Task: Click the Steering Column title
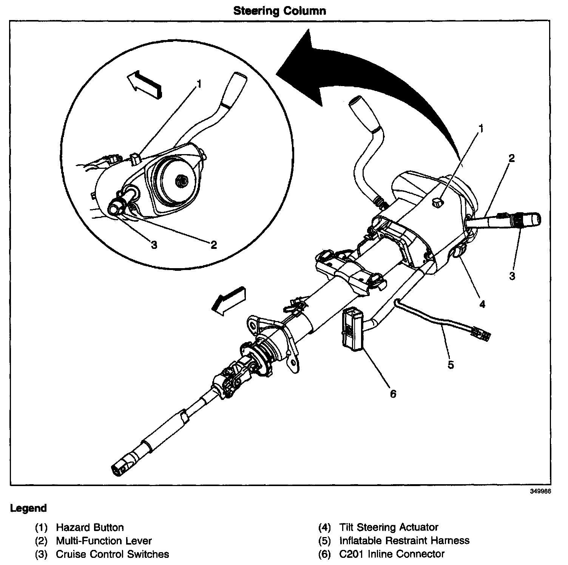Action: [x=279, y=11]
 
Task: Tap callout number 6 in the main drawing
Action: [x=393, y=394]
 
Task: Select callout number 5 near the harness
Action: [x=451, y=365]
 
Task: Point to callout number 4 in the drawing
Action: [x=482, y=304]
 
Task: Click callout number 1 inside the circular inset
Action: [x=199, y=83]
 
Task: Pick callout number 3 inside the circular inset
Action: [x=154, y=245]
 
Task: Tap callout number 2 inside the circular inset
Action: [x=214, y=245]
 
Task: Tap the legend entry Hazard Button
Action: [x=90, y=527]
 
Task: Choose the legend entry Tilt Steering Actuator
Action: [x=389, y=527]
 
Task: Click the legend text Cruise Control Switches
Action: [x=112, y=554]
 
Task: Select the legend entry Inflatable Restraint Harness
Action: [x=404, y=540]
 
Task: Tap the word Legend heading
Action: [x=29, y=508]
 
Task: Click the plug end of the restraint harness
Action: [x=482, y=334]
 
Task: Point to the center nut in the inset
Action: [x=181, y=182]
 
